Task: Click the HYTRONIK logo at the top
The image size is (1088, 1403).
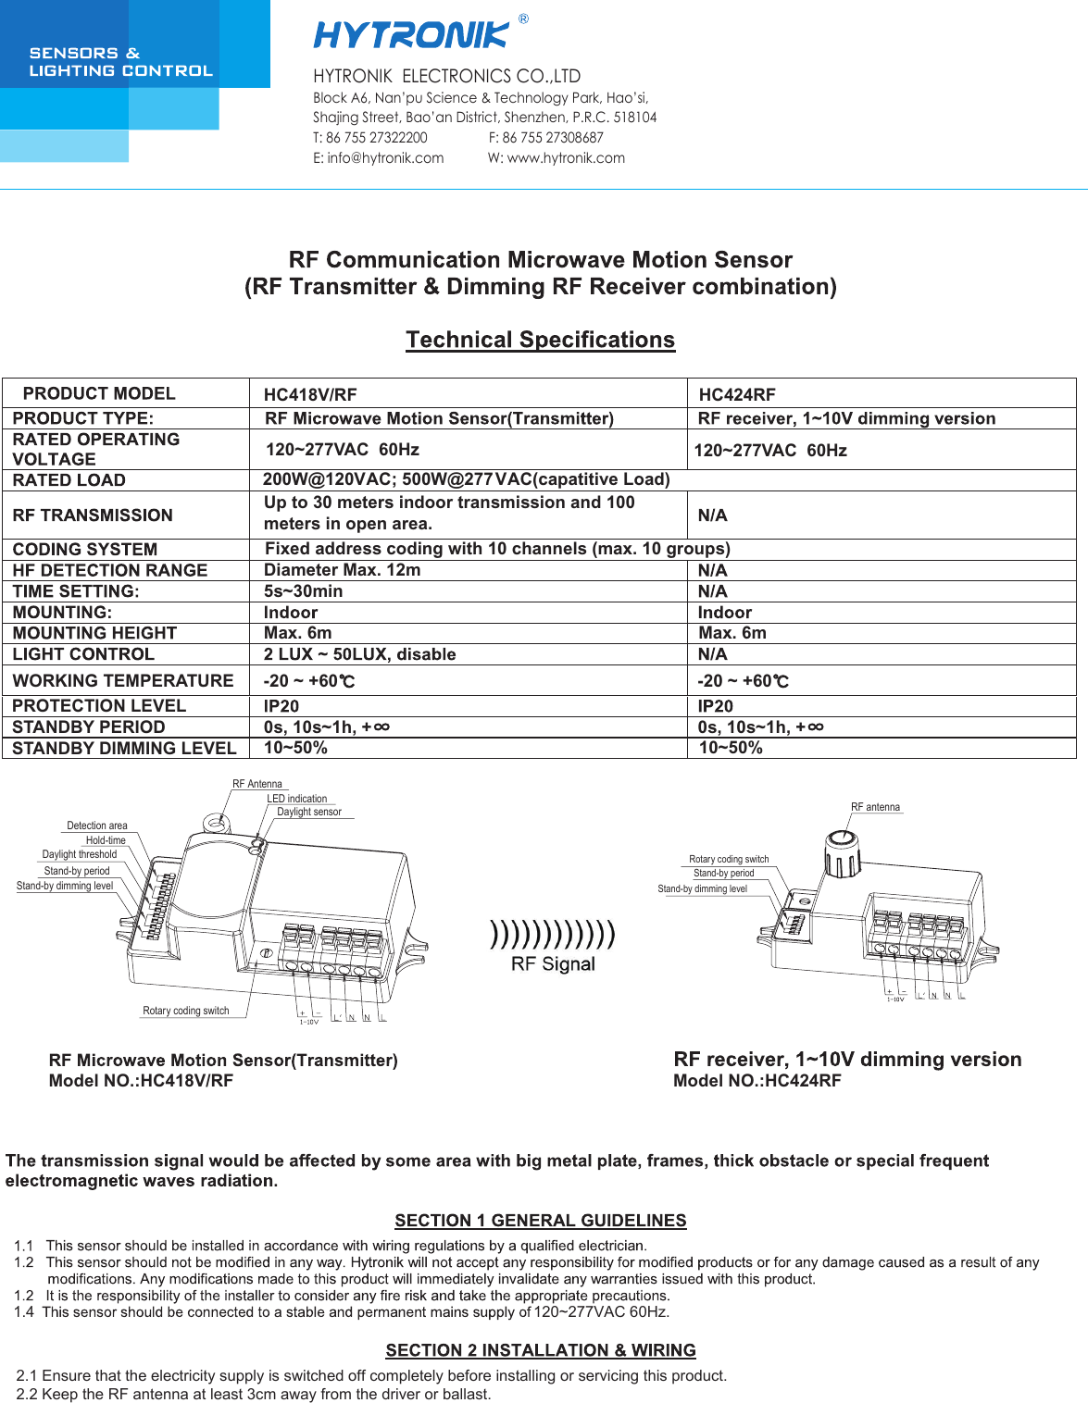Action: (x=411, y=35)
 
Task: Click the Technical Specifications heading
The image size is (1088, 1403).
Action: (x=540, y=340)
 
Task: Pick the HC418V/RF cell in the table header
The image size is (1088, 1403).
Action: (x=310, y=395)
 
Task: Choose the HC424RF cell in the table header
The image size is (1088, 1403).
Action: (x=737, y=395)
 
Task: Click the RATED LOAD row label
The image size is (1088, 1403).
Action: (x=69, y=480)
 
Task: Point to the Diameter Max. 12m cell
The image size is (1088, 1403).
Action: (x=342, y=570)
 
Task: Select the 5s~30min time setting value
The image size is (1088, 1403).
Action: (x=303, y=591)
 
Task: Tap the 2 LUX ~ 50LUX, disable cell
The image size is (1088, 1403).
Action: (x=359, y=654)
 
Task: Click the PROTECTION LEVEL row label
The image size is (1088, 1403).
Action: (x=99, y=705)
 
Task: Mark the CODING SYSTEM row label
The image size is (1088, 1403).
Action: (x=85, y=550)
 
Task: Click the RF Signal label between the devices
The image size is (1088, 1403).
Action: (x=553, y=964)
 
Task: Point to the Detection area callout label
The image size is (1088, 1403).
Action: (x=97, y=826)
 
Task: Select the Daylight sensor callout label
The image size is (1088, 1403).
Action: (x=309, y=812)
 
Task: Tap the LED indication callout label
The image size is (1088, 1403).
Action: (x=297, y=799)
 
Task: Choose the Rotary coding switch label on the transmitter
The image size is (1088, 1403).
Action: (x=185, y=1011)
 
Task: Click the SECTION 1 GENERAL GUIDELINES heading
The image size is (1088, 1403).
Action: (x=541, y=1221)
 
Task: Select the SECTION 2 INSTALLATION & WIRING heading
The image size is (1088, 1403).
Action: (x=541, y=1350)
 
